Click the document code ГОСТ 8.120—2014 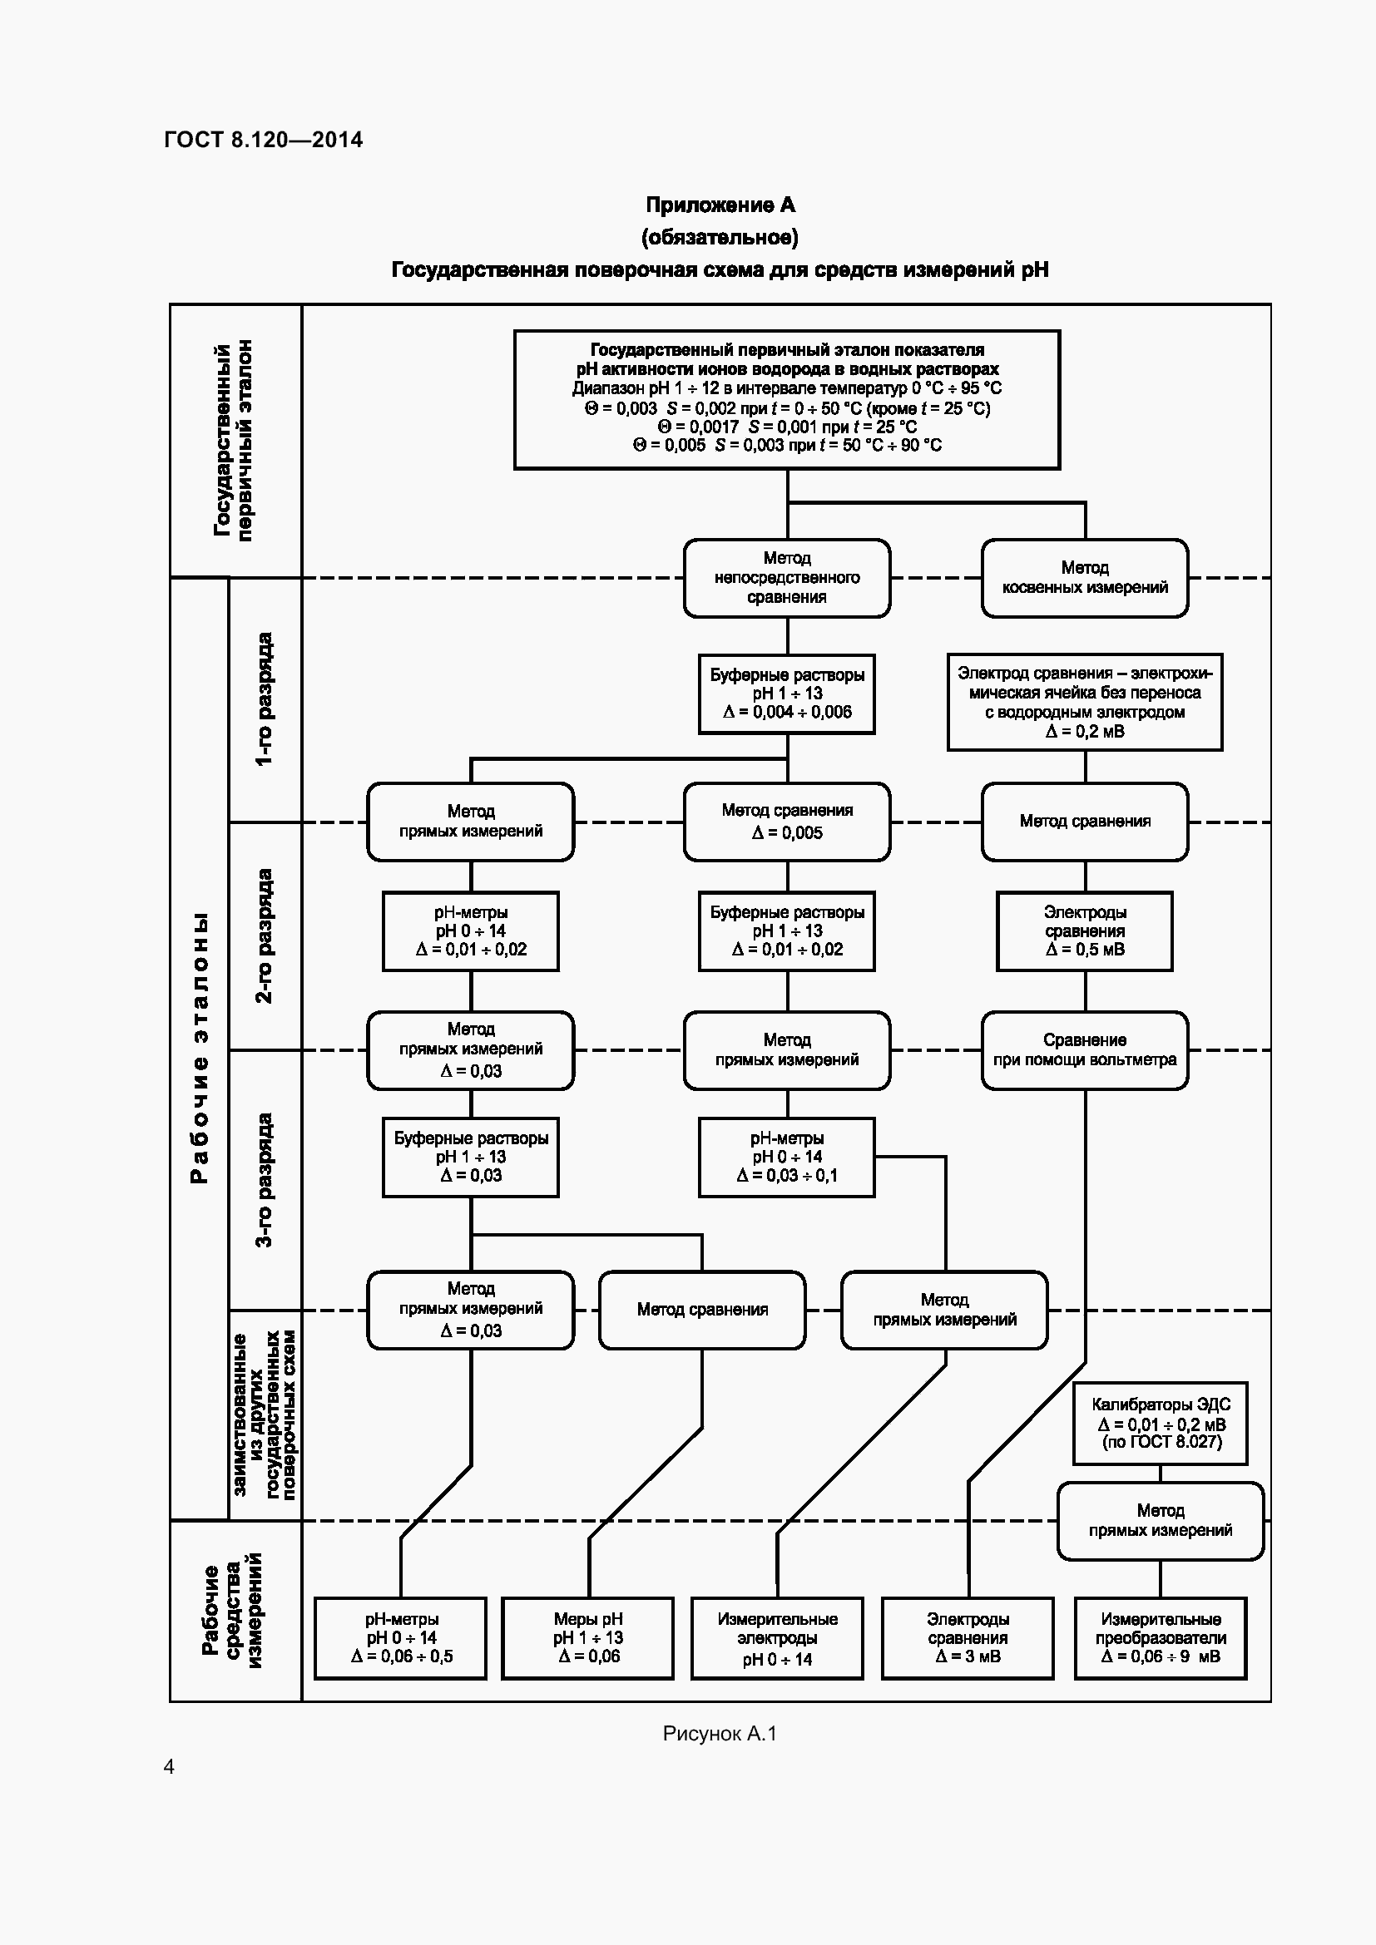[263, 140]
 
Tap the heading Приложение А [720, 205]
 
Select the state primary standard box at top [786, 399]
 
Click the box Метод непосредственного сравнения [786, 578]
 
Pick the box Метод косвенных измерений [1085, 578]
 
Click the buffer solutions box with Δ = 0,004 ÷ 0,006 [786, 693]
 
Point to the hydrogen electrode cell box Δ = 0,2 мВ [1085, 702]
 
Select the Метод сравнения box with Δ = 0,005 [786, 821]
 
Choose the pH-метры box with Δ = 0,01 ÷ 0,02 [470, 931]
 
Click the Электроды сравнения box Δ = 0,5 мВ [1085, 931]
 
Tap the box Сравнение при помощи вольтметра [1085, 1049]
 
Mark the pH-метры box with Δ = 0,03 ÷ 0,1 [786, 1158]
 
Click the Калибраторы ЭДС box [1160, 1423]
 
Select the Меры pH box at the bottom [588, 1637]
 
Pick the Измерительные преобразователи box [1160, 1637]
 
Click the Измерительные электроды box [777, 1637]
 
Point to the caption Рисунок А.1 [720, 1734]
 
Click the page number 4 [170, 1766]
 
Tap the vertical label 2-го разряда [265, 936]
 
